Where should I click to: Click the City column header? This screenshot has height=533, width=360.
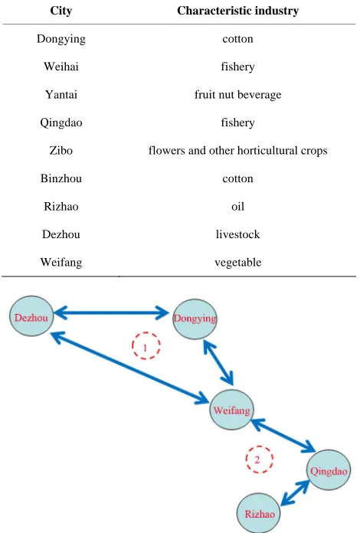tap(61, 11)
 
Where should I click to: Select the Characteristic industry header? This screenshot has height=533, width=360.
tap(237, 11)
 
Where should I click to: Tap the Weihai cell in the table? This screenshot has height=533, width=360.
tap(61, 67)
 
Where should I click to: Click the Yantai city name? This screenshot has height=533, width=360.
tap(61, 94)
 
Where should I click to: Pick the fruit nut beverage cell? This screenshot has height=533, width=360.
tap(237, 94)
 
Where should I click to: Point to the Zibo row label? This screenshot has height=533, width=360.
tap(61, 150)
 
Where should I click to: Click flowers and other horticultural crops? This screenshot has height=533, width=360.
tap(237, 150)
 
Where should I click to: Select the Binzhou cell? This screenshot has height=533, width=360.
tap(61, 178)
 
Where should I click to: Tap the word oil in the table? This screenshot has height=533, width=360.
tap(237, 206)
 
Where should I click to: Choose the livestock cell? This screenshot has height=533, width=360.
tap(237, 234)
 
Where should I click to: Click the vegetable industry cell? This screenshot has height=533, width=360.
tap(237, 262)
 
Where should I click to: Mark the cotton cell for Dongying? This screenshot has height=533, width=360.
tap(237, 38)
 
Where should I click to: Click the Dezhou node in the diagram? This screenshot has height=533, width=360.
tap(31, 316)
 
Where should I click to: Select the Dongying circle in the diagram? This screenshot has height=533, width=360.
tap(195, 319)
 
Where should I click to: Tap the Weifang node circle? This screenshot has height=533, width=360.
tap(231, 410)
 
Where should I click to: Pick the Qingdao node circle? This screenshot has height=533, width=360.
tap(329, 470)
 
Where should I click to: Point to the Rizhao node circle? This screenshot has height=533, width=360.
tap(259, 513)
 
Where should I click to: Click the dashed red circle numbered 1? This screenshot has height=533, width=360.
tap(146, 345)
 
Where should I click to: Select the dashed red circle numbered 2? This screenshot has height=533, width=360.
tap(260, 459)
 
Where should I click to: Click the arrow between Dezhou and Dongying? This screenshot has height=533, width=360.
tap(111, 312)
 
